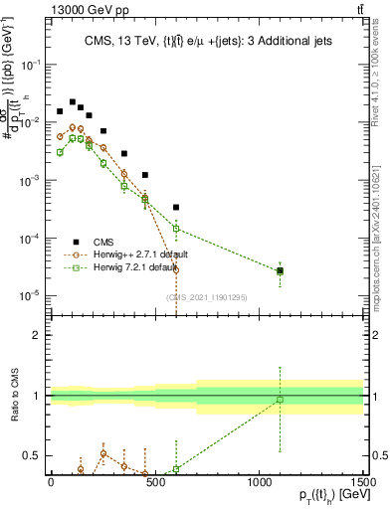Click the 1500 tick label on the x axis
362,481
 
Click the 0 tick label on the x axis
51,481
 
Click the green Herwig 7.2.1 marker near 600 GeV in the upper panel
176,229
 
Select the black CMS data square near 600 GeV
176,208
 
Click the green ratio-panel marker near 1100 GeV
281,400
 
